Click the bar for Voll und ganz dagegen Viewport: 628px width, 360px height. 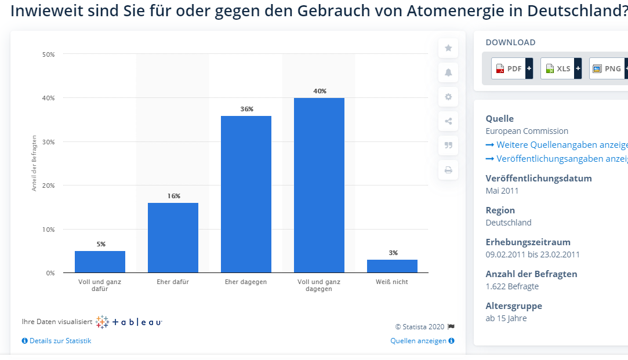tap(319, 185)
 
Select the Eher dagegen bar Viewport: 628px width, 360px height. tap(246, 194)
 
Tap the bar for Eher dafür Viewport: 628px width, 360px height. tap(173, 238)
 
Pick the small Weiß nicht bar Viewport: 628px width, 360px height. tap(392, 266)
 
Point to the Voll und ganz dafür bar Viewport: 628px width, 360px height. tap(100, 262)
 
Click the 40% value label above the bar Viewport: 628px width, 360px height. tap(320, 91)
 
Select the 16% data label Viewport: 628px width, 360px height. tap(173, 196)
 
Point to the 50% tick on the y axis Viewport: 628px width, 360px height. tap(48, 54)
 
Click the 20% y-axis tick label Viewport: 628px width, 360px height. tap(48, 186)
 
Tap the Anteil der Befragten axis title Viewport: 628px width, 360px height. tap(34, 163)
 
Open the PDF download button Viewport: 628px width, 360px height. tap(511, 68)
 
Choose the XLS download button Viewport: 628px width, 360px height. tap(561, 68)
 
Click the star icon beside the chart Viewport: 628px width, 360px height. tap(448, 48)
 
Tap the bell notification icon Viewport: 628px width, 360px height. tap(448, 72)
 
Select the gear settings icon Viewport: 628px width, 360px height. tap(448, 97)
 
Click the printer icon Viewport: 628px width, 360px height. tap(448, 170)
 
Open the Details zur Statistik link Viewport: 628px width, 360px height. tap(57, 341)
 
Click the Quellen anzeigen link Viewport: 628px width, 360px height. tap(422, 341)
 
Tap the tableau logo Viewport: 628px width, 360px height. tap(129, 322)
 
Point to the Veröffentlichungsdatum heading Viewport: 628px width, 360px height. tap(538, 178)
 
